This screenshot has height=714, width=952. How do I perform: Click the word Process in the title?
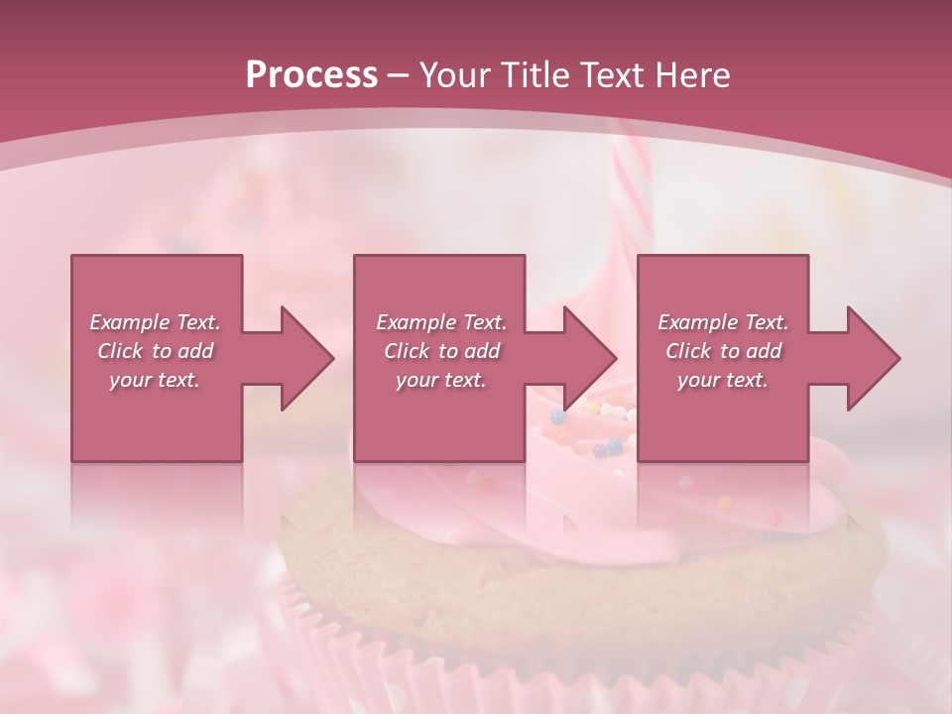pyautogui.click(x=311, y=75)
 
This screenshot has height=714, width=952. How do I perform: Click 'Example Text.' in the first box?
pyautogui.click(x=155, y=322)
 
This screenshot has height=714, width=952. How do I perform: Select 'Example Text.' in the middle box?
pyautogui.click(x=441, y=322)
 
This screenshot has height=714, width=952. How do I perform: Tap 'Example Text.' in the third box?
pyautogui.click(x=723, y=322)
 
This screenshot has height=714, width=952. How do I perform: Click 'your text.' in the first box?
pyautogui.click(x=155, y=380)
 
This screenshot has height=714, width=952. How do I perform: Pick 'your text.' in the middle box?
pyautogui.click(x=441, y=380)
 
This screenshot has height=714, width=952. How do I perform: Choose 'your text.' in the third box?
pyautogui.click(x=723, y=380)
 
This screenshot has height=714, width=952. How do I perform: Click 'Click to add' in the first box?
pyautogui.click(x=155, y=351)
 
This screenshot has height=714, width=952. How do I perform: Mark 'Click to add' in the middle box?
pyautogui.click(x=441, y=351)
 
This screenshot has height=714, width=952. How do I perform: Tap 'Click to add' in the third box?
pyautogui.click(x=723, y=351)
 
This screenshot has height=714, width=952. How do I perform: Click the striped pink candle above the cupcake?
pyautogui.click(x=628, y=198)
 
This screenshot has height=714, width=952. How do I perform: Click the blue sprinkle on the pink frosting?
pyautogui.click(x=599, y=449)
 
